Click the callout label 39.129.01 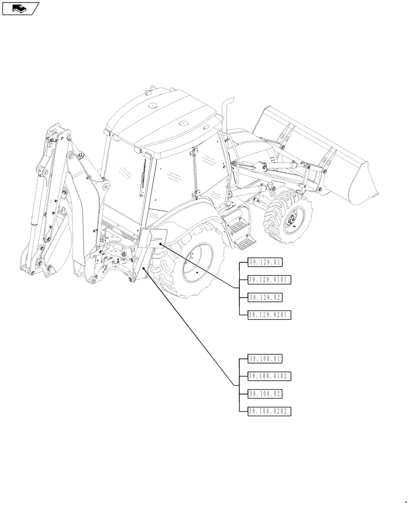265,262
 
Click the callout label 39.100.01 265,359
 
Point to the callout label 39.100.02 265,393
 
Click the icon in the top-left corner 20,8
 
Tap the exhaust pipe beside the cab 227,116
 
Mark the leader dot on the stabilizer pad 161,243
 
